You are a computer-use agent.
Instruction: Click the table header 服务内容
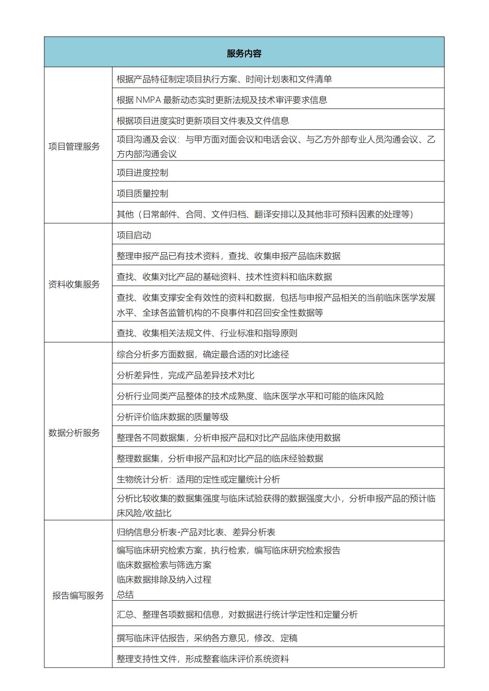(x=244, y=54)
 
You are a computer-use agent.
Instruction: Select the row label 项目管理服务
(x=74, y=147)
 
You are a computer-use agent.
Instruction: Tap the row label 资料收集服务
(x=74, y=285)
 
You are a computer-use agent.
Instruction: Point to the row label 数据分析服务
(x=74, y=433)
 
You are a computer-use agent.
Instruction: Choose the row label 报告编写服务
(x=78, y=595)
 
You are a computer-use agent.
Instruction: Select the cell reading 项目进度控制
(x=142, y=173)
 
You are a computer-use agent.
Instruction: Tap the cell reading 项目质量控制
(x=142, y=194)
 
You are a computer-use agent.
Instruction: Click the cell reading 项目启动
(x=134, y=235)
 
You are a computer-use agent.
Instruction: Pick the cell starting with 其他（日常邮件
(x=265, y=215)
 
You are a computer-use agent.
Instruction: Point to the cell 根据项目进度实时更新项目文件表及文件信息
(x=203, y=121)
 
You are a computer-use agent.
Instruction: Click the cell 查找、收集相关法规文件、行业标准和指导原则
(x=207, y=333)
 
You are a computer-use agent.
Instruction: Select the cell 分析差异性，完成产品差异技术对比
(x=185, y=375)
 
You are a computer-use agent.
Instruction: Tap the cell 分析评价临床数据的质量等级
(x=173, y=417)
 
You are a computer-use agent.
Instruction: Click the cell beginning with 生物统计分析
(x=198, y=480)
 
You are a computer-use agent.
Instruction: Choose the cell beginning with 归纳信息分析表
(x=196, y=532)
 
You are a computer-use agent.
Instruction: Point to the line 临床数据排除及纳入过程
(x=164, y=580)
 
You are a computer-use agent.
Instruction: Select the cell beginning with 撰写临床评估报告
(x=207, y=638)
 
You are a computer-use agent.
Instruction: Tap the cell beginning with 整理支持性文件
(x=203, y=659)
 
